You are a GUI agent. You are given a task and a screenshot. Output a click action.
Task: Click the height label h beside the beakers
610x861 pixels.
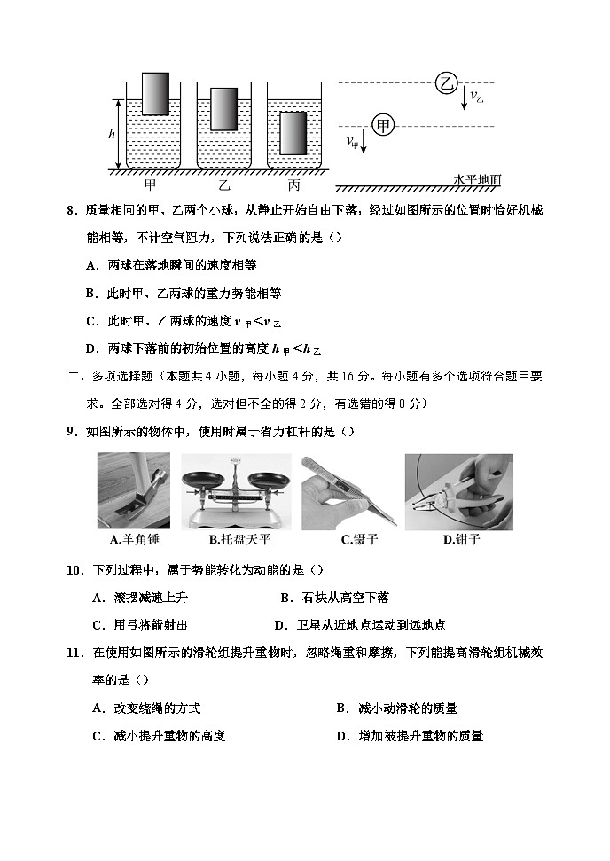[x=112, y=134]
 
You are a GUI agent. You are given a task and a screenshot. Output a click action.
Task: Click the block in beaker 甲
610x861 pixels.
[x=154, y=92]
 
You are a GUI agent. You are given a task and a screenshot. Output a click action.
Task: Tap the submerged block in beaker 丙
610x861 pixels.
[x=293, y=132]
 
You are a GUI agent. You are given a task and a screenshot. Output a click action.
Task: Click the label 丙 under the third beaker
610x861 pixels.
[x=293, y=185]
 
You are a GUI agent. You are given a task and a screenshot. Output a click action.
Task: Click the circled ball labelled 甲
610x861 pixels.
[x=382, y=126]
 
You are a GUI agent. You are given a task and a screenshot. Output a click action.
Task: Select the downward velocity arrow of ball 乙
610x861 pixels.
[x=464, y=98]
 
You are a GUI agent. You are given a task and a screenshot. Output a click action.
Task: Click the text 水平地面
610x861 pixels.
[x=477, y=180]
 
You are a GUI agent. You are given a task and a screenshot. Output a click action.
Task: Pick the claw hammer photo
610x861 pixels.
[x=134, y=491]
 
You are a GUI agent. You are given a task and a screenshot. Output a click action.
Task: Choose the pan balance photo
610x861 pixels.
[x=237, y=491]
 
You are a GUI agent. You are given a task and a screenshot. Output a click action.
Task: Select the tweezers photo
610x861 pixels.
[x=348, y=491]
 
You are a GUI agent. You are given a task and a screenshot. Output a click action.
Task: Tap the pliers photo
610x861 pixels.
[x=458, y=491]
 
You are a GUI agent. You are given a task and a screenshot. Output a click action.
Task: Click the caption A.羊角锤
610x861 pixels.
[x=134, y=539]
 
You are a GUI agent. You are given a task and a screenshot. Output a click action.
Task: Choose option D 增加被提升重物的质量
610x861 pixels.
[x=410, y=736]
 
